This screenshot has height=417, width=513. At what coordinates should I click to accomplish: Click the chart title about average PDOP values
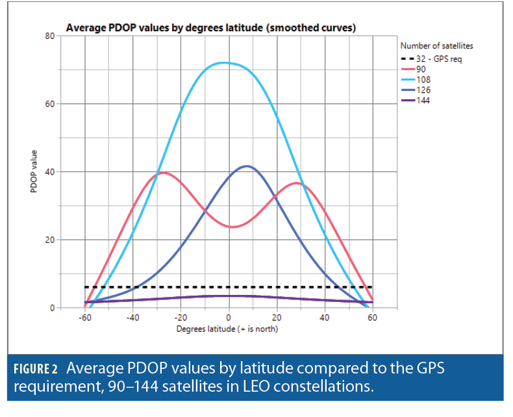pos(210,28)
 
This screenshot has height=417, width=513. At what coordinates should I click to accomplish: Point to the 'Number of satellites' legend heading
pos(436,45)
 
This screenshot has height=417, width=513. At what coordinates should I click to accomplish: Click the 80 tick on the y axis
pos(49,36)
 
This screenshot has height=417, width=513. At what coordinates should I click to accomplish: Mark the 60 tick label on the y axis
pos(49,104)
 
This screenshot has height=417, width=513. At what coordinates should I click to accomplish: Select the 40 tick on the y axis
pos(49,172)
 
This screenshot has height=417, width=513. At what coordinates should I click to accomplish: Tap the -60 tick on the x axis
pos(84,318)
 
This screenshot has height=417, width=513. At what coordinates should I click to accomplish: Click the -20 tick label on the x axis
pos(180,318)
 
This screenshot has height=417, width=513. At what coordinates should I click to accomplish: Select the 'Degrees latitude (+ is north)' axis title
pos(228,329)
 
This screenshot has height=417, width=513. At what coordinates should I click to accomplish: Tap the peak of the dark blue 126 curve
pos(246,166)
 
